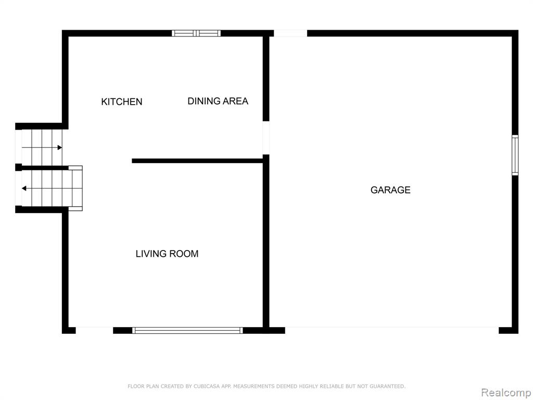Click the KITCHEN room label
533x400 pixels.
(122, 102)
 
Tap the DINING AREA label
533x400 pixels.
(218, 101)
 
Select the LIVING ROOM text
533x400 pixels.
(167, 254)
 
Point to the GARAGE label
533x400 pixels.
(390, 190)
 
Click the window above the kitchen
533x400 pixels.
(196, 33)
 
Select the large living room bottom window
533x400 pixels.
(187, 330)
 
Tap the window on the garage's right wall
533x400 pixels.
(515, 155)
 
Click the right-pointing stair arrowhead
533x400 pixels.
(60, 147)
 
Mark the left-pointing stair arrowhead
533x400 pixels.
(24, 189)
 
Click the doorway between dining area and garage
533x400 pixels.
(266, 137)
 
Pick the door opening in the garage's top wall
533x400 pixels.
(290, 33)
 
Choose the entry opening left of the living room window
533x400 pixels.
(94, 330)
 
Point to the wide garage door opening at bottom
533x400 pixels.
(391, 330)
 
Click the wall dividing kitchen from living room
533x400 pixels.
(197, 161)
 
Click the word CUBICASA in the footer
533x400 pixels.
(206, 386)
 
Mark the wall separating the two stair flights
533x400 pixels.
(42, 168)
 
